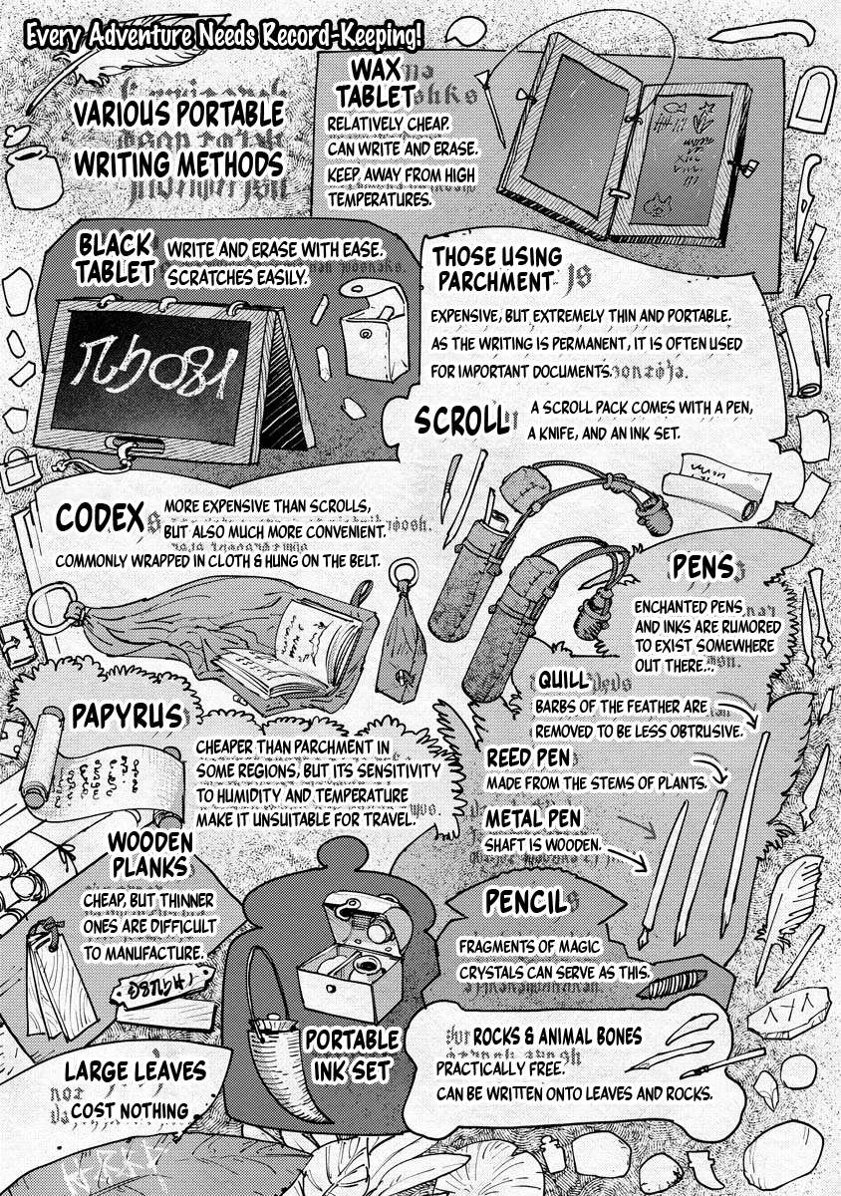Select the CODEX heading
point(102,517)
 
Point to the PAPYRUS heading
point(127,716)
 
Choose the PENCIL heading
point(525,902)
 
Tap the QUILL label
point(561,680)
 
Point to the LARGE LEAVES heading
point(136,1072)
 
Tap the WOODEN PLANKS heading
point(150,856)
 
